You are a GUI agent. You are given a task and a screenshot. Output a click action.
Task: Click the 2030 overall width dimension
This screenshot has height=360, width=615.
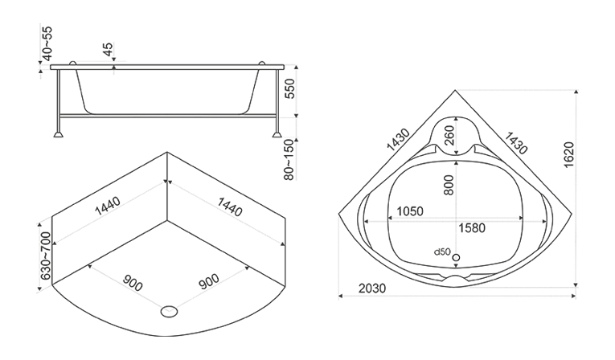(372, 288)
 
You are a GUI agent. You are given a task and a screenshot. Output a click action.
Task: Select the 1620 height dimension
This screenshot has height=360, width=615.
(568, 155)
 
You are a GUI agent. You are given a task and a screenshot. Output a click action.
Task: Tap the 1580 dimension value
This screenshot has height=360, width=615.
(472, 228)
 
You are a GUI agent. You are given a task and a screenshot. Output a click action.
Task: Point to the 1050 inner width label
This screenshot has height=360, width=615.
(410, 211)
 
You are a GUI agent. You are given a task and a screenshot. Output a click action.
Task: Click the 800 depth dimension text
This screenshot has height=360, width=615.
(449, 185)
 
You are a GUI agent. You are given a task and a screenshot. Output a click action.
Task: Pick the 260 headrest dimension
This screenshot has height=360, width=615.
(449, 135)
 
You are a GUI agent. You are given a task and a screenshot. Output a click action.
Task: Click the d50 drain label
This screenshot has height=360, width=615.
(442, 252)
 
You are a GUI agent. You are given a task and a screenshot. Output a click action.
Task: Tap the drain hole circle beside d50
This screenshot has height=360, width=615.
(456, 258)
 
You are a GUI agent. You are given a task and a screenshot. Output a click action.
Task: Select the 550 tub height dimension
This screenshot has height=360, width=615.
(289, 88)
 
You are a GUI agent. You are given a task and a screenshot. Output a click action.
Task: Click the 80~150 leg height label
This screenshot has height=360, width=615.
(289, 160)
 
